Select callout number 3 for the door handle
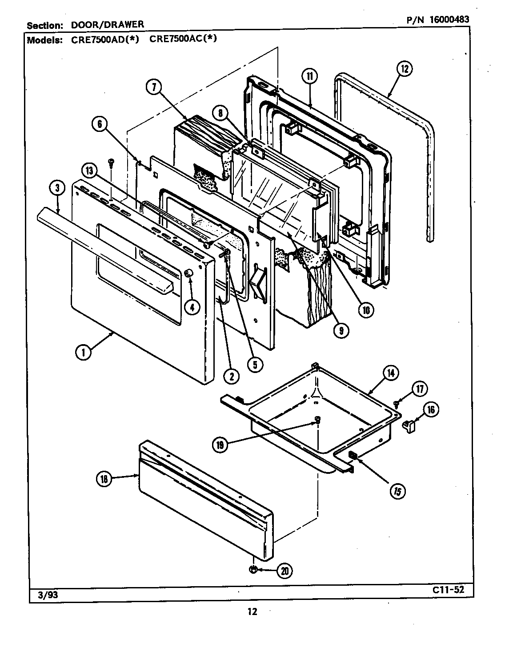pos(57,188)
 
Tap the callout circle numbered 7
pos(153,87)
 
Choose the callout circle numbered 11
pos(309,76)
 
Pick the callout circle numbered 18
pos(104,478)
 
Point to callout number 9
pos(342,330)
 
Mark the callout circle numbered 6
pos(100,125)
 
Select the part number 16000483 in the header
pos(441,20)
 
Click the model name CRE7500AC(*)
pos(183,39)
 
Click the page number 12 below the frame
pos(252,611)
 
